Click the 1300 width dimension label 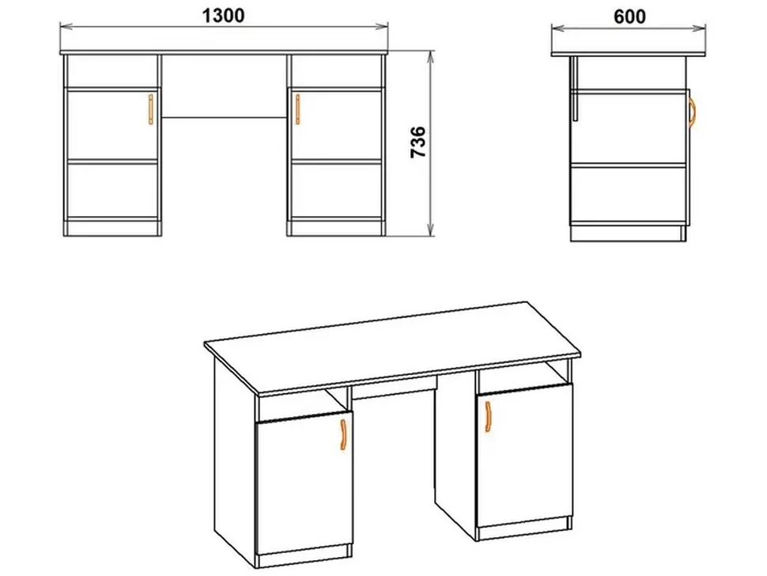[x=224, y=16]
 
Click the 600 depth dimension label [x=629, y=17]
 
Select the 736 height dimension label [x=418, y=142]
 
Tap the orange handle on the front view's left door [x=151, y=109]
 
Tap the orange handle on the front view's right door [x=297, y=109]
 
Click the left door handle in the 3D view [x=343, y=434]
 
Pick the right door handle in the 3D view [x=488, y=417]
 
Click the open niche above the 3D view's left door [x=302, y=404]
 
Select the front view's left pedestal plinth [x=112, y=229]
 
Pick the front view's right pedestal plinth [x=336, y=229]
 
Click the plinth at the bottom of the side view [x=628, y=233]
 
